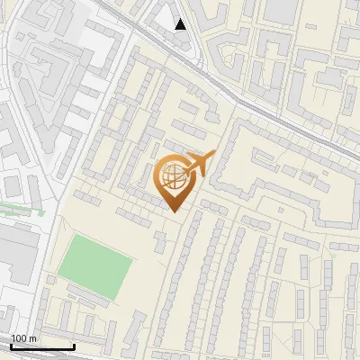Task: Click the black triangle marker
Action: coord(181,24)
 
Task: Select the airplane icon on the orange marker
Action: coord(200,164)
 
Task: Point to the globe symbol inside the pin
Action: coord(174,177)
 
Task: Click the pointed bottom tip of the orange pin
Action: coord(175,211)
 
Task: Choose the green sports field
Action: coord(94,266)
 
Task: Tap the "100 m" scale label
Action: coord(23,338)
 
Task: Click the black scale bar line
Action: coord(42,346)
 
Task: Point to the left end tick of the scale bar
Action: coord(11,345)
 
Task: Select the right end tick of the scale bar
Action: coord(74,345)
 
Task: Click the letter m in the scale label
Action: coord(32,338)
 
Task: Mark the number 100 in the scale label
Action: coord(19,338)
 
